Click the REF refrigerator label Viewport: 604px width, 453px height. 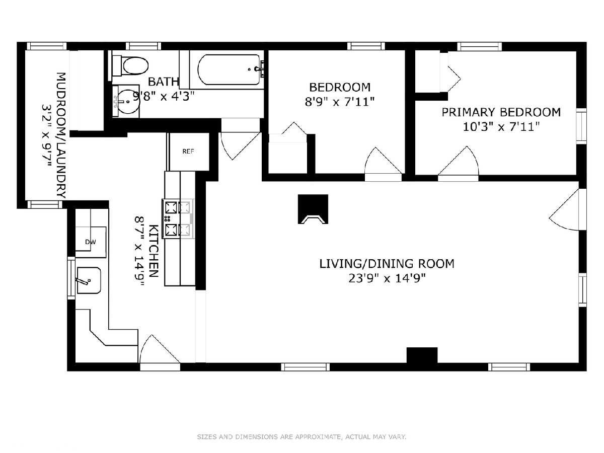point(188,152)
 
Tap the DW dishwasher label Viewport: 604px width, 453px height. point(91,242)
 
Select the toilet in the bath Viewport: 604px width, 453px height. point(131,66)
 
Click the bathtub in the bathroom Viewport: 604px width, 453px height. point(229,69)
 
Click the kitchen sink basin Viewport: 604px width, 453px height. point(89,280)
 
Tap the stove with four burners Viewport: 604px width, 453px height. point(178,218)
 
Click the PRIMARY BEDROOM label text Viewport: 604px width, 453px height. point(501,112)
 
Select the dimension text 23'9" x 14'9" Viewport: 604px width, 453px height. point(387,279)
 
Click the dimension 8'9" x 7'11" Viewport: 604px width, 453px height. point(340,102)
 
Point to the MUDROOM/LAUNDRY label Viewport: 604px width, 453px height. point(61,135)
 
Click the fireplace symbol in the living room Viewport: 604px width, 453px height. point(313,209)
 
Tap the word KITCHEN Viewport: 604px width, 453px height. point(154,251)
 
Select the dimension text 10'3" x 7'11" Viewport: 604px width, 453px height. point(501,127)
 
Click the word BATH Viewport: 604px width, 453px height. point(163,82)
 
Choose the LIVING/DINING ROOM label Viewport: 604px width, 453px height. point(387,264)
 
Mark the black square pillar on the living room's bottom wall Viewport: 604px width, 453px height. point(422,355)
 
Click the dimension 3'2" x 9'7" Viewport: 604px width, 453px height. point(46,136)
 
